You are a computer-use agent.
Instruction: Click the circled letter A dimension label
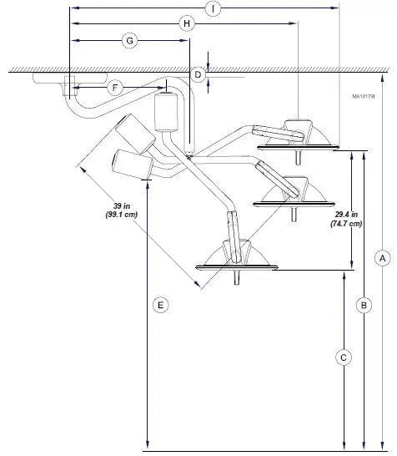(x=381, y=258)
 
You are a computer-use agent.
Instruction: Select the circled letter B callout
(x=364, y=306)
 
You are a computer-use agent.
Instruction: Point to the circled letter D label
(x=198, y=75)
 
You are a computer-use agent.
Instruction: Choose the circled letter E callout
(x=161, y=306)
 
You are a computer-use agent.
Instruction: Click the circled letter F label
(x=116, y=87)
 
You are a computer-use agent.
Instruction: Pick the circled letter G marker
(x=129, y=40)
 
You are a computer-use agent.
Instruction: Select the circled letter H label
(x=187, y=24)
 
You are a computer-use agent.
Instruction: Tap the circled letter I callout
(x=214, y=9)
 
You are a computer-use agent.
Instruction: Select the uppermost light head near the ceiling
(x=298, y=137)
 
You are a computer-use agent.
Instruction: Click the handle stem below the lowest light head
(x=239, y=278)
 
